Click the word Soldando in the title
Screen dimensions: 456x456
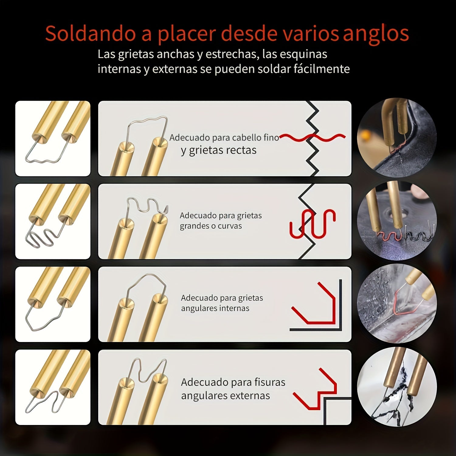[90, 33]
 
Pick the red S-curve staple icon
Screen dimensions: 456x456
[313, 223]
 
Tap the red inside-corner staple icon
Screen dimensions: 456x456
[313, 303]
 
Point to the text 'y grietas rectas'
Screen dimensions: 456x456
[219, 150]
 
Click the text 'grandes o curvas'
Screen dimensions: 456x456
[211, 226]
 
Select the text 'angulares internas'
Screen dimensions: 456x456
[215, 308]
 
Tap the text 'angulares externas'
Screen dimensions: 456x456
[225, 396]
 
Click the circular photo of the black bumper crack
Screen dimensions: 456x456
[397, 138]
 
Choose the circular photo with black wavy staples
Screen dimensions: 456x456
[397, 220]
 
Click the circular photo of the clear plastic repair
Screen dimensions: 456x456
[397, 303]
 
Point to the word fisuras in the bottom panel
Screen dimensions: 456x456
[270, 382]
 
